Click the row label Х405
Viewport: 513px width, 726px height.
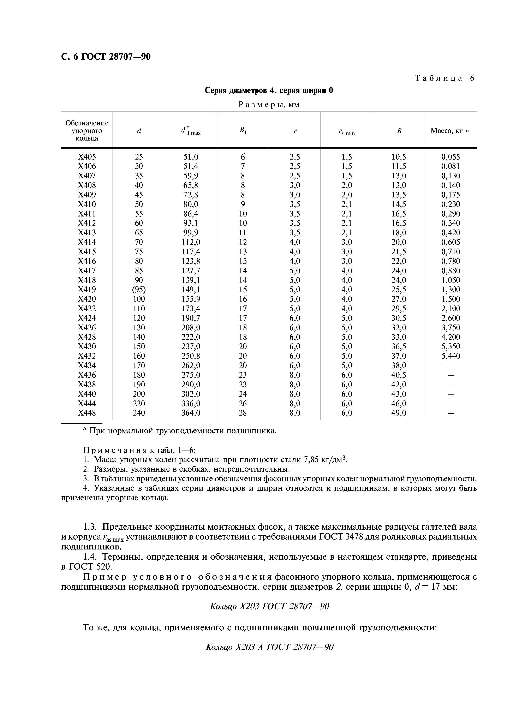(x=87, y=157)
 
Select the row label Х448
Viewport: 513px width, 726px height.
(x=87, y=413)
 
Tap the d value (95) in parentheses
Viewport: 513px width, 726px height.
(x=139, y=290)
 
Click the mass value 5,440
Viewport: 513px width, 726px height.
(x=451, y=356)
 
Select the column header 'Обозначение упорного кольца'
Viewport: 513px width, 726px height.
(x=87, y=131)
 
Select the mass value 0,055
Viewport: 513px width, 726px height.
(x=451, y=157)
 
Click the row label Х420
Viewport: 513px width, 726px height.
(x=87, y=299)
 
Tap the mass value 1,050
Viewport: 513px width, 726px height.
(x=451, y=280)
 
